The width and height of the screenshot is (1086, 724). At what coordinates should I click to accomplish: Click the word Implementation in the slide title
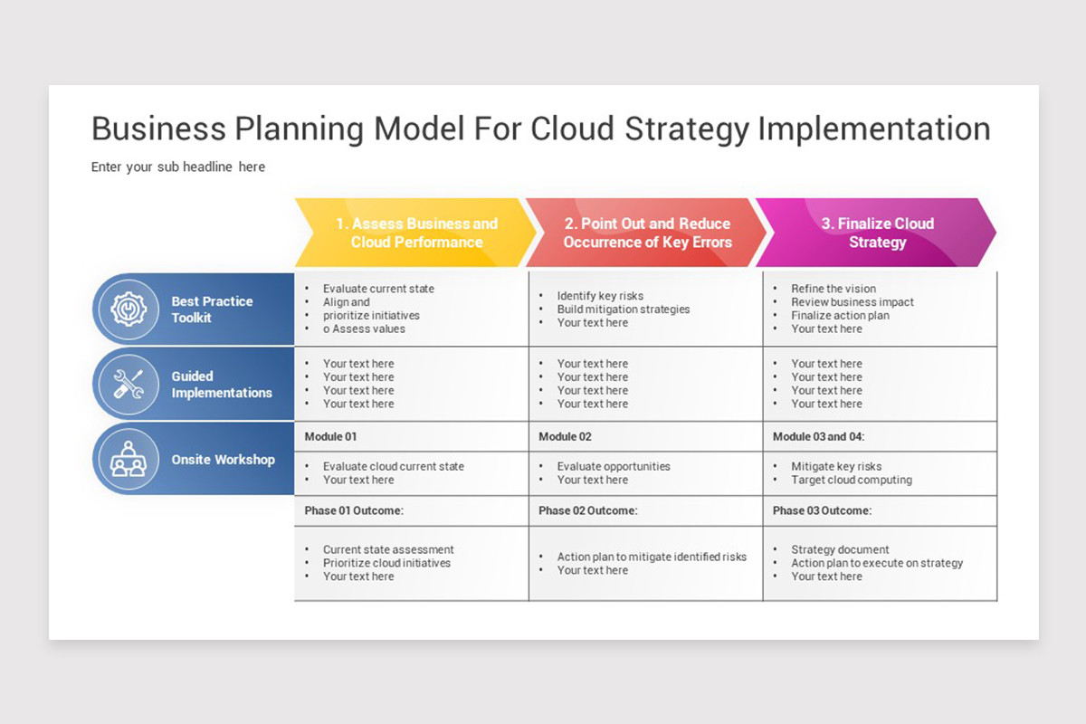(873, 129)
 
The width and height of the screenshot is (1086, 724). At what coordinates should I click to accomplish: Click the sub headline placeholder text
(178, 167)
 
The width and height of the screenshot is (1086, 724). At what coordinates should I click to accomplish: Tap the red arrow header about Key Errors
(647, 233)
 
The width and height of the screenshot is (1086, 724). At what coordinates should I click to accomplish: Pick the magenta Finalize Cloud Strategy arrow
(877, 233)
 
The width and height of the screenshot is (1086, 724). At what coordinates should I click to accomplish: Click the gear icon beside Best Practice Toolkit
(129, 310)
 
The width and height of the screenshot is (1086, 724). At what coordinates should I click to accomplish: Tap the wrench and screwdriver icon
(129, 384)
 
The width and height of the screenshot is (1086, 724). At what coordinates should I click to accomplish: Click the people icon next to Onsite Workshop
(129, 459)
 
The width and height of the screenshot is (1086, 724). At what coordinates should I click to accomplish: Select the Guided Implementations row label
(222, 385)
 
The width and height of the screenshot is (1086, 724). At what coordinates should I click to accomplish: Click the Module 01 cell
(330, 436)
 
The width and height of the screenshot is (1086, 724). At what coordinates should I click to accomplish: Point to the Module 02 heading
(565, 436)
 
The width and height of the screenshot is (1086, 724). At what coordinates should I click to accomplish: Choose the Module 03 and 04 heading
(818, 436)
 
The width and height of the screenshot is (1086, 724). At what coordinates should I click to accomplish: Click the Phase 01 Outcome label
(354, 510)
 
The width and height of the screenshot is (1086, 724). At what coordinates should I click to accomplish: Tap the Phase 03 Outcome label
(822, 510)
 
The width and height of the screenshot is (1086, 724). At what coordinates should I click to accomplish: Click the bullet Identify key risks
(600, 296)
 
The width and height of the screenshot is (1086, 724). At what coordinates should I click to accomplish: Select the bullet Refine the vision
(834, 289)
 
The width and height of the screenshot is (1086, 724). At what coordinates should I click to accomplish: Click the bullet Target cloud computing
(852, 480)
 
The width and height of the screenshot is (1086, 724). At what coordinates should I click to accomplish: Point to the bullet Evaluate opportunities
(614, 466)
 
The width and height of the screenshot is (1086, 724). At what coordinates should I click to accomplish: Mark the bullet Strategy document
(840, 549)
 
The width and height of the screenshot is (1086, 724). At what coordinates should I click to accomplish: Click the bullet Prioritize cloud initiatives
(386, 563)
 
